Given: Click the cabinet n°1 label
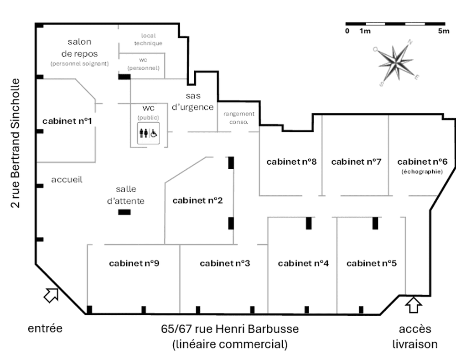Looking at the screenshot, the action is point(67,121).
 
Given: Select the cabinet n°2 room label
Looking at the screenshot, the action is point(197,200).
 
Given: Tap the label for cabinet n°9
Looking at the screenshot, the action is point(134,263).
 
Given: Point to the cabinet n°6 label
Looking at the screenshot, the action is point(422,162).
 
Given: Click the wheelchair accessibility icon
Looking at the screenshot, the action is point(154,134).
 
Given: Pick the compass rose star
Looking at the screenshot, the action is point(396,62).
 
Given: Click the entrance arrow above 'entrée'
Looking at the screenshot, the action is point(51,295).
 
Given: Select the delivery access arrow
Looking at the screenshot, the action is point(414,305).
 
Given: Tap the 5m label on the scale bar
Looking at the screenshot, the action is point(444,31).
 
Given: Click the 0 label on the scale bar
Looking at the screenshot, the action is point(347,31).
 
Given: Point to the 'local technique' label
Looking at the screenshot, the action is point(148,39).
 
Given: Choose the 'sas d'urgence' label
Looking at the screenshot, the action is point(193,102).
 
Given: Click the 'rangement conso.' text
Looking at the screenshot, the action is point(239,118).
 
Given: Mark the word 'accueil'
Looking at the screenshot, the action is point(67,180).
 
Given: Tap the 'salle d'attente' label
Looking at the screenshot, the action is point(126,195).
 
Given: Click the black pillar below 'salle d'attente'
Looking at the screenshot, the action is point(124,212).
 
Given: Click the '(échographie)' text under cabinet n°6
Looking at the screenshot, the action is point(422,172).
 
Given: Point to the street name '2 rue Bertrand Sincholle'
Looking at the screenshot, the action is point(15,143).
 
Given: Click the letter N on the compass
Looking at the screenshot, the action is point(410,42).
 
